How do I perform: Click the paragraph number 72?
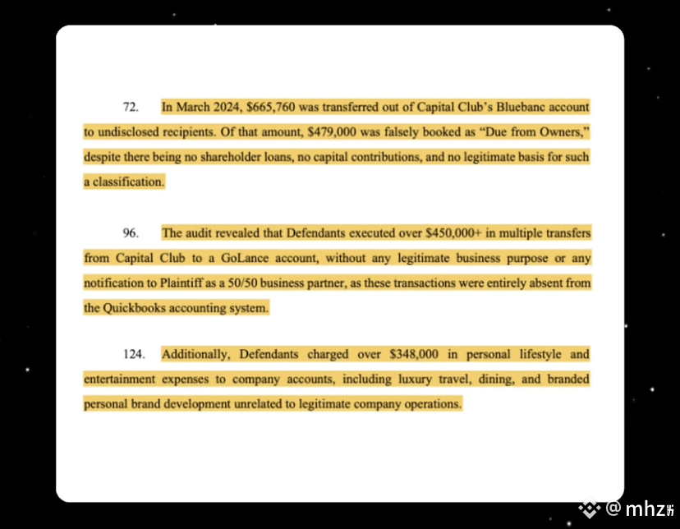click(129, 108)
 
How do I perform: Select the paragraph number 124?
click(132, 355)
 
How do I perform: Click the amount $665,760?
click(271, 108)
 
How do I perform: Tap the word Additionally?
click(197, 355)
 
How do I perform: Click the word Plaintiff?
click(185, 283)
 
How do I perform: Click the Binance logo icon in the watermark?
click(590, 509)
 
